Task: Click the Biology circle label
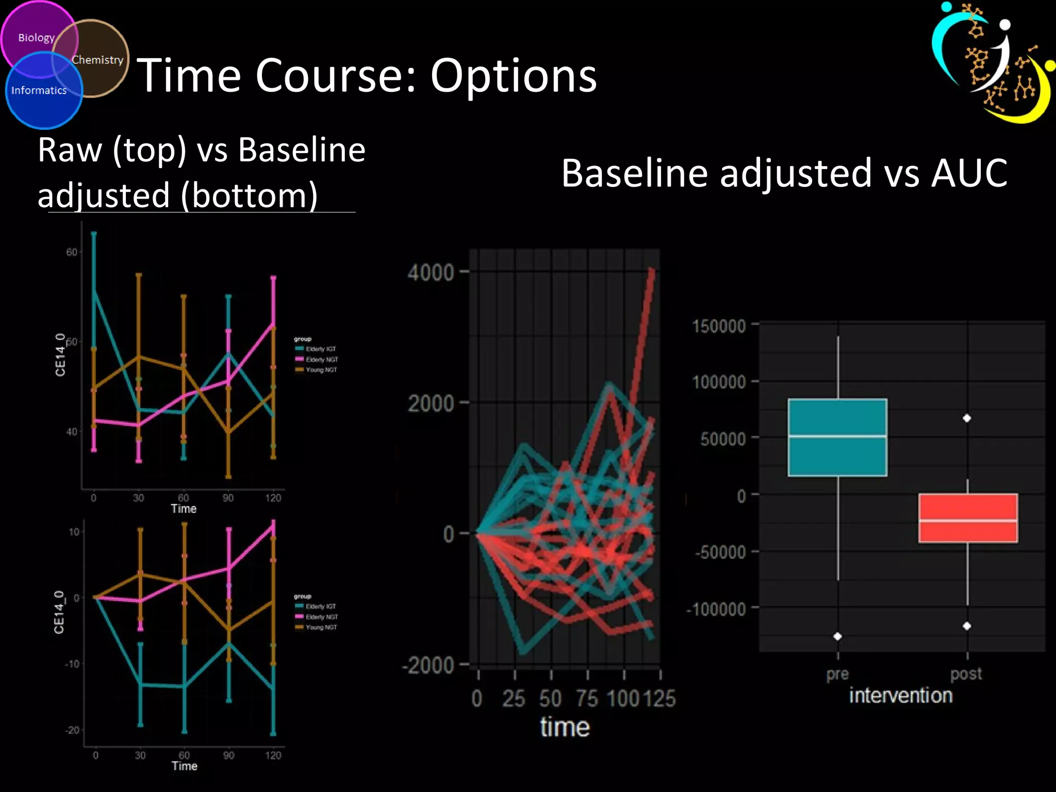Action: tap(36, 38)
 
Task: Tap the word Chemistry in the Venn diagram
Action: tap(97, 60)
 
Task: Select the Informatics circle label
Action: tap(39, 90)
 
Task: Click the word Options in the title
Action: tap(513, 76)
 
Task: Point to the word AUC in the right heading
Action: tap(969, 173)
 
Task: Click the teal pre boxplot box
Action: tap(837, 437)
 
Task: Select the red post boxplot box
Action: tap(968, 518)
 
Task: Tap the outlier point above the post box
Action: tap(967, 418)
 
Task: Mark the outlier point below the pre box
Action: tap(837, 636)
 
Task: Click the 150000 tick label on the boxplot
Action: tap(719, 326)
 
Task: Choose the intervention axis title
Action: tap(900, 696)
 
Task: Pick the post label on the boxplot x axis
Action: tap(966, 673)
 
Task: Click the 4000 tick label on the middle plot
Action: tap(431, 272)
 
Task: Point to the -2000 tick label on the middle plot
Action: tap(427, 665)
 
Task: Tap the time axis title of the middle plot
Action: tap(565, 727)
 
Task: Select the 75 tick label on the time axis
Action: tap(587, 699)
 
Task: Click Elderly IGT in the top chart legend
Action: tap(320, 349)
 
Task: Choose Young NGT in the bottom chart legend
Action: tap(321, 628)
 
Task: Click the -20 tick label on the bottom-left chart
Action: tap(72, 730)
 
